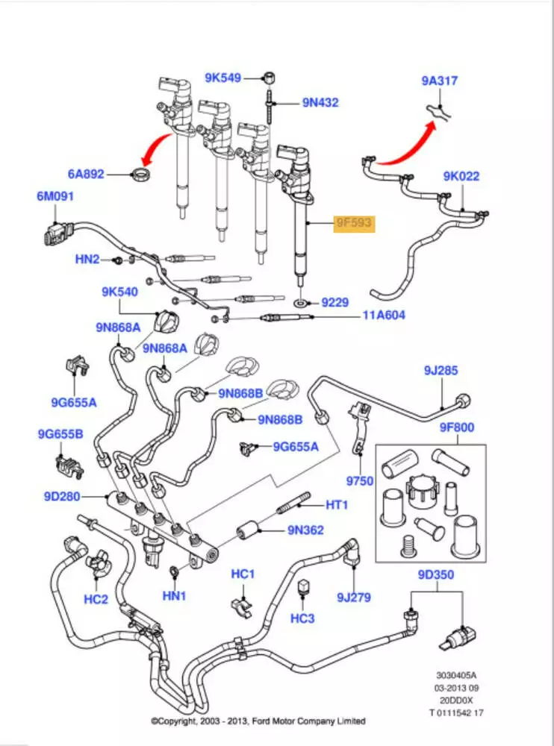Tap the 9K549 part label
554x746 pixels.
pyautogui.click(x=223, y=77)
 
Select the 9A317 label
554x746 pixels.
pyautogui.click(x=439, y=81)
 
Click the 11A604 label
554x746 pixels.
pyautogui.click(x=384, y=316)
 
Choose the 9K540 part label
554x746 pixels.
pyautogui.click(x=120, y=292)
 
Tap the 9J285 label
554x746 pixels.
pyautogui.click(x=441, y=370)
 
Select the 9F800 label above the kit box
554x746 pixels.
pyautogui.click(x=457, y=428)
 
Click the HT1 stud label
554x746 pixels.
pyautogui.click(x=337, y=505)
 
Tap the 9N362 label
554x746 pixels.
pyautogui.click(x=306, y=531)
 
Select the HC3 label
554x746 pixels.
pyautogui.click(x=302, y=618)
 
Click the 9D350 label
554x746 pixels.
pyautogui.click(x=436, y=575)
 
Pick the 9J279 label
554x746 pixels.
pyautogui.click(x=354, y=597)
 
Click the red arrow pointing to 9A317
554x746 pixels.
pyautogui.click(x=407, y=145)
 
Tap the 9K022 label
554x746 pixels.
pyautogui.click(x=461, y=177)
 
